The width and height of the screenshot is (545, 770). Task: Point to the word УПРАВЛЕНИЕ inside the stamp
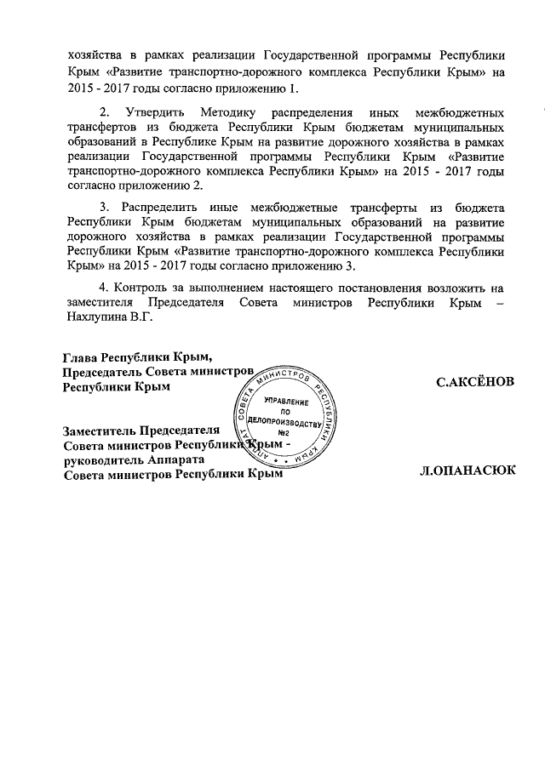click(286, 400)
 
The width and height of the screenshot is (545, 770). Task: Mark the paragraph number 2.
click(104, 112)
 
